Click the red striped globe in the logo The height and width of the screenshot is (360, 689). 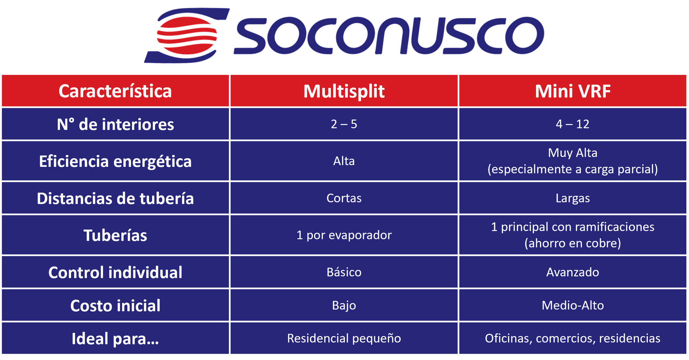click(187, 36)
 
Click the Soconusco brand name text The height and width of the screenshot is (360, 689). click(389, 35)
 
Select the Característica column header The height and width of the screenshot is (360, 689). click(115, 91)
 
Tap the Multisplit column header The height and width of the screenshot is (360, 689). click(344, 91)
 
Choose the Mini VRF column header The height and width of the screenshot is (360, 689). click(573, 91)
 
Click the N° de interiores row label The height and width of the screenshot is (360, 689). click(115, 125)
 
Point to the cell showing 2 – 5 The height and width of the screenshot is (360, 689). click(344, 124)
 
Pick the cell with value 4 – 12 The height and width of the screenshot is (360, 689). click(573, 124)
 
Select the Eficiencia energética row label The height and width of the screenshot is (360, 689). click(115, 162)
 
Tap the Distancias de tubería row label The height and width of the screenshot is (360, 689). click(115, 198)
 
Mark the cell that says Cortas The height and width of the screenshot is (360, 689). click(344, 198)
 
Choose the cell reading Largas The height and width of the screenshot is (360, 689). click(573, 198)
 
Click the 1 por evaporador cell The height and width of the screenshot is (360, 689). click(344, 235)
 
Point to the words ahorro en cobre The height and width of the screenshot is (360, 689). click(573, 243)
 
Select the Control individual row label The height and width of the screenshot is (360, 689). click(115, 272)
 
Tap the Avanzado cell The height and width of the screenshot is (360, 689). click(573, 272)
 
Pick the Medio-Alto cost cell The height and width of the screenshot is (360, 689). click(573, 305)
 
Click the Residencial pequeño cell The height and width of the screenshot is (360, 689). click(344, 338)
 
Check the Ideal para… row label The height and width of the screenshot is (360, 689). click(115, 339)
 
